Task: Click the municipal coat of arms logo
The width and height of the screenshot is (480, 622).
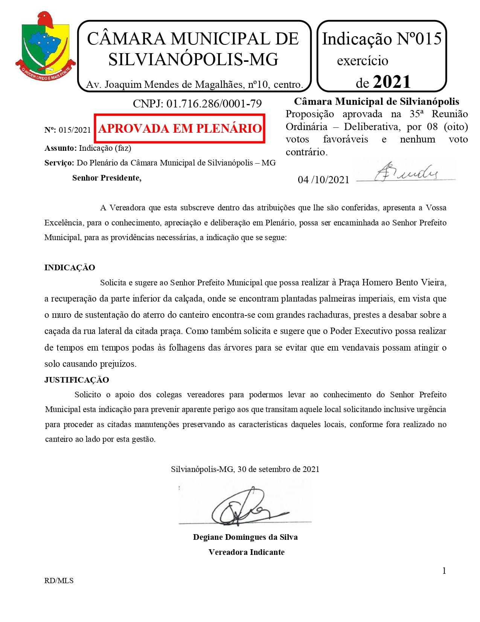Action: [45, 47]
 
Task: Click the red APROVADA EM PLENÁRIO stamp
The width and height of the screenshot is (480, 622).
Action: [180, 129]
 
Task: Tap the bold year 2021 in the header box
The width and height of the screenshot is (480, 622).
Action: [392, 82]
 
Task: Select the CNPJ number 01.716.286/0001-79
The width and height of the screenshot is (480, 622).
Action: [214, 103]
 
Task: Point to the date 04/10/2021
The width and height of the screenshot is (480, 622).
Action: [323, 179]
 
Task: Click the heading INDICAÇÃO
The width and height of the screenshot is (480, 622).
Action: [70, 268]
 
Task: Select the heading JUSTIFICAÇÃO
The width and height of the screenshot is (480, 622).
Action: [77, 380]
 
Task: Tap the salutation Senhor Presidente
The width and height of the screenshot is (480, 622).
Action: [107, 178]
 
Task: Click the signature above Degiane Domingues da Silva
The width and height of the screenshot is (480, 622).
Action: [245, 507]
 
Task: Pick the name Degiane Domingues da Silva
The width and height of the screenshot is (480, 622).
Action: [245, 537]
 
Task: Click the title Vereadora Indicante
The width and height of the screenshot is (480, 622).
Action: [246, 552]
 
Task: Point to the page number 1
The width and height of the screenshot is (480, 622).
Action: [444, 571]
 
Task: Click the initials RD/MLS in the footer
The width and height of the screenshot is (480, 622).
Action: [59, 581]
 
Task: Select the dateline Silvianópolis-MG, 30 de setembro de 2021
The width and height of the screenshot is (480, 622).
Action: [245, 469]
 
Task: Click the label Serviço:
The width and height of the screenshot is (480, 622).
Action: [59, 163]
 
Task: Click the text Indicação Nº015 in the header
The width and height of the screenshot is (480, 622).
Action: [381, 39]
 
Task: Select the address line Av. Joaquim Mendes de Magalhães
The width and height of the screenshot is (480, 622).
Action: [194, 84]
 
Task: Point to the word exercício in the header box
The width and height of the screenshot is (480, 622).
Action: [362, 61]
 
